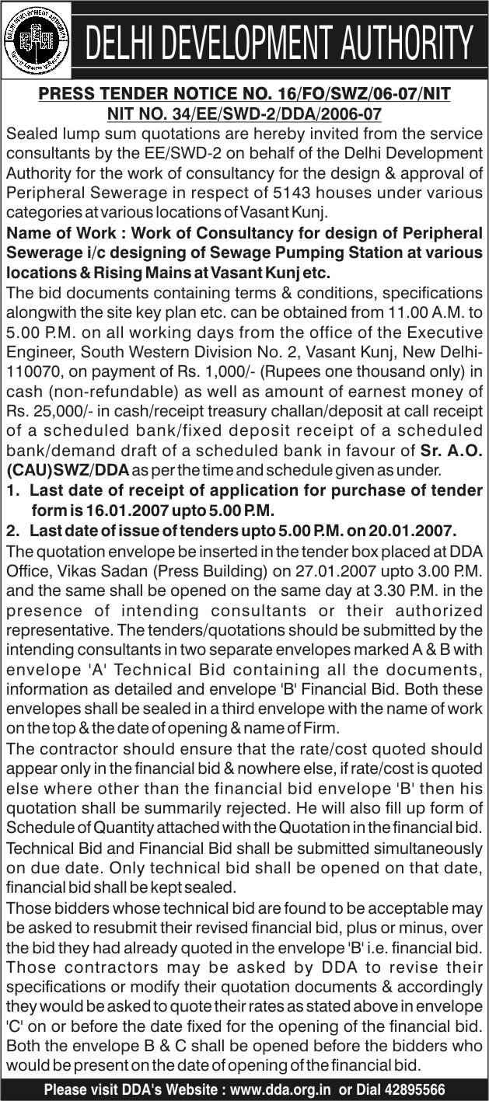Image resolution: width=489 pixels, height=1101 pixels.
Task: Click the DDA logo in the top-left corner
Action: coord(36,40)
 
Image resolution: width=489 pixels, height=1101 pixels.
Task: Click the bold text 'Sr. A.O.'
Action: coord(451,450)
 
